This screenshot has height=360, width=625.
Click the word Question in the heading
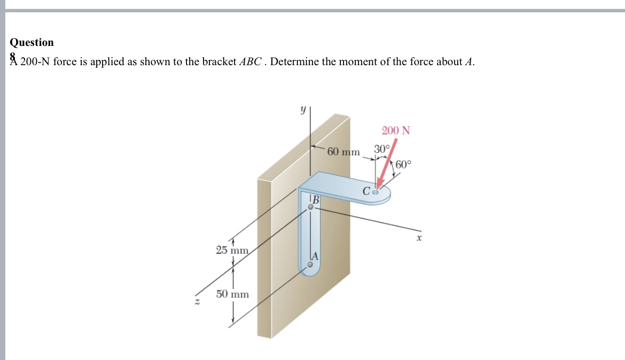click(x=32, y=42)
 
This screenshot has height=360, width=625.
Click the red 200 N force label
click(x=396, y=130)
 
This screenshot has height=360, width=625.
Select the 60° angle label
click(x=404, y=165)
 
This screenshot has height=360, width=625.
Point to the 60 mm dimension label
click(x=343, y=152)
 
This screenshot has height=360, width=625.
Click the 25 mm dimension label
click(x=232, y=250)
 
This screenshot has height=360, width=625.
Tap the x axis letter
click(x=419, y=239)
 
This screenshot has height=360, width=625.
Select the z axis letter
click(x=197, y=302)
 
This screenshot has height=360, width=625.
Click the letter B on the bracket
click(x=315, y=200)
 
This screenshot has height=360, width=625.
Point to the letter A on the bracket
click(x=315, y=256)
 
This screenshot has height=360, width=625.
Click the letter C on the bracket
click(x=366, y=191)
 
